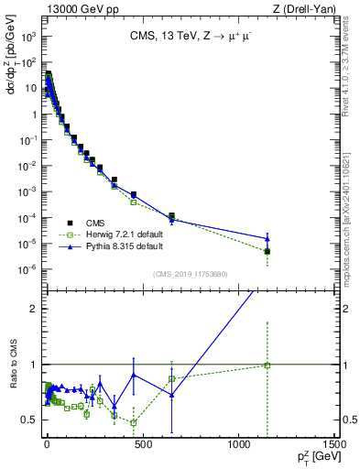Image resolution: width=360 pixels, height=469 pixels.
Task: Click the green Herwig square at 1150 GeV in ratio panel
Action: click(x=267, y=365)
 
